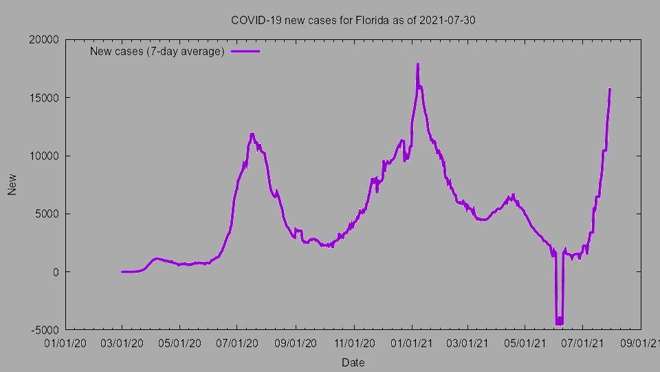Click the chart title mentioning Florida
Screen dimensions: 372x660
(x=353, y=20)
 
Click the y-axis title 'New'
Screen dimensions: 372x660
(x=12, y=184)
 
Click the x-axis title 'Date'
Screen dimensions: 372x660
(x=353, y=362)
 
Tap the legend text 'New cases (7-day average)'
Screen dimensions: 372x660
(x=157, y=52)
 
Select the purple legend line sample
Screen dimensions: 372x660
(x=245, y=52)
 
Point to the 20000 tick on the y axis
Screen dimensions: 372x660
(x=44, y=39)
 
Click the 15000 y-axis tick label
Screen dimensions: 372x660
(x=44, y=97)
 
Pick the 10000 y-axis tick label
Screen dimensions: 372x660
(x=44, y=156)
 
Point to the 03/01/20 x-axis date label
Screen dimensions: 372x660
(x=122, y=342)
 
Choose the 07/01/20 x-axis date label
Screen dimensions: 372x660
(x=237, y=342)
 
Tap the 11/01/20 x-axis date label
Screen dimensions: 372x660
(x=353, y=342)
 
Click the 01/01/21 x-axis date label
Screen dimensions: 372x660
(x=411, y=342)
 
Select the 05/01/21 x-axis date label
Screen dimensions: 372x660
(x=525, y=342)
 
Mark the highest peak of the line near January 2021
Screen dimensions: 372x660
(x=417, y=64)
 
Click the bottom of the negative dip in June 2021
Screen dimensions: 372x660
(x=559, y=323)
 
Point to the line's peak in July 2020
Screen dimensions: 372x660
(x=252, y=134)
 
